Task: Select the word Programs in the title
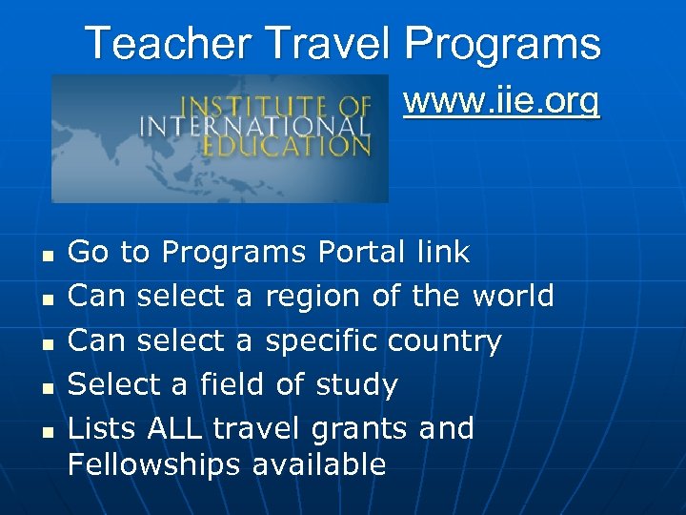point(503,44)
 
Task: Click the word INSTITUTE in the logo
point(247,105)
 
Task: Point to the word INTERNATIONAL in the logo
point(254,126)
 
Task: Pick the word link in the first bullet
point(443,253)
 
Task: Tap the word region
point(314,297)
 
